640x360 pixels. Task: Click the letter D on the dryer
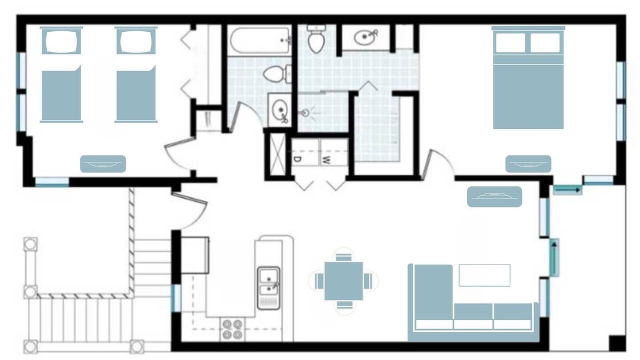point(297,159)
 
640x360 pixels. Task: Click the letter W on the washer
point(326,160)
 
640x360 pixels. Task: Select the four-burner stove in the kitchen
point(232,329)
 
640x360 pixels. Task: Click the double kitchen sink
point(268,288)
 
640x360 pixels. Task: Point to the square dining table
point(343,281)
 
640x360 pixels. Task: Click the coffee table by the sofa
point(484,275)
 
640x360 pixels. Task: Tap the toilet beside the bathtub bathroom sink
point(277,73)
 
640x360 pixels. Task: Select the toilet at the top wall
point(316,39)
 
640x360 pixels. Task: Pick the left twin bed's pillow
point(61,41)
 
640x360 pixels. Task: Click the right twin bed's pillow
point(136,41)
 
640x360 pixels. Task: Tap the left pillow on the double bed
point(510,43)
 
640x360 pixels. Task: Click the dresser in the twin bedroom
point(103,164)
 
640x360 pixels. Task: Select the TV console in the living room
point(494,196)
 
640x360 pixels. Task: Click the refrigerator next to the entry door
point(195,255)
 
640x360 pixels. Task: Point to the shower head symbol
point(305,113)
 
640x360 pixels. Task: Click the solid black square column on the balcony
point(617,343)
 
